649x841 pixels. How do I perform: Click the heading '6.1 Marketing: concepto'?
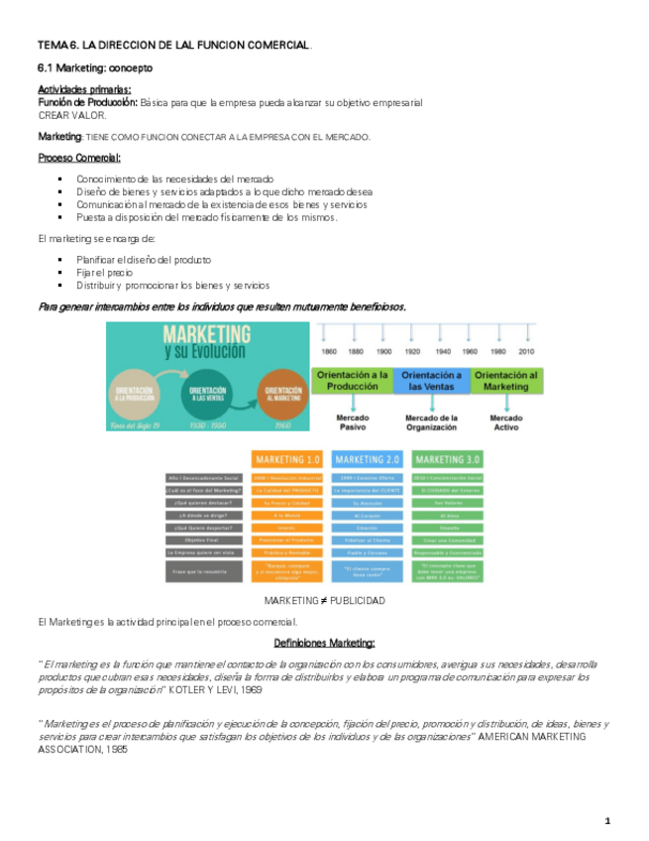[x=94, y=68]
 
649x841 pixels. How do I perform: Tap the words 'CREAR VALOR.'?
[x=71, y=114]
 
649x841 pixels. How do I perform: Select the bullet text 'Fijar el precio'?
[x=104, y=271]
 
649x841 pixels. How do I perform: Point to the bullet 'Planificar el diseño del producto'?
[x=143, y=258]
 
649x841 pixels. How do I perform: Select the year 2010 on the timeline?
[x=525, y=352]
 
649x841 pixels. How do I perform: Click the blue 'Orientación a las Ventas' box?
[x=431, y=381]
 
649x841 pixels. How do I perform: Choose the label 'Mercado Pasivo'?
[x=352, y=422]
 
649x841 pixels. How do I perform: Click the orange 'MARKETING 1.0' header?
[x=286, y=460]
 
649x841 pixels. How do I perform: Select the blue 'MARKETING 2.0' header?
[x=368, y=460]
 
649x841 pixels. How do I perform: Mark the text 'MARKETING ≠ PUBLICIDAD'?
[x=324, y=601]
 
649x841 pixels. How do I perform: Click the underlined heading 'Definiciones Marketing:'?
[x=324, y=642]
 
